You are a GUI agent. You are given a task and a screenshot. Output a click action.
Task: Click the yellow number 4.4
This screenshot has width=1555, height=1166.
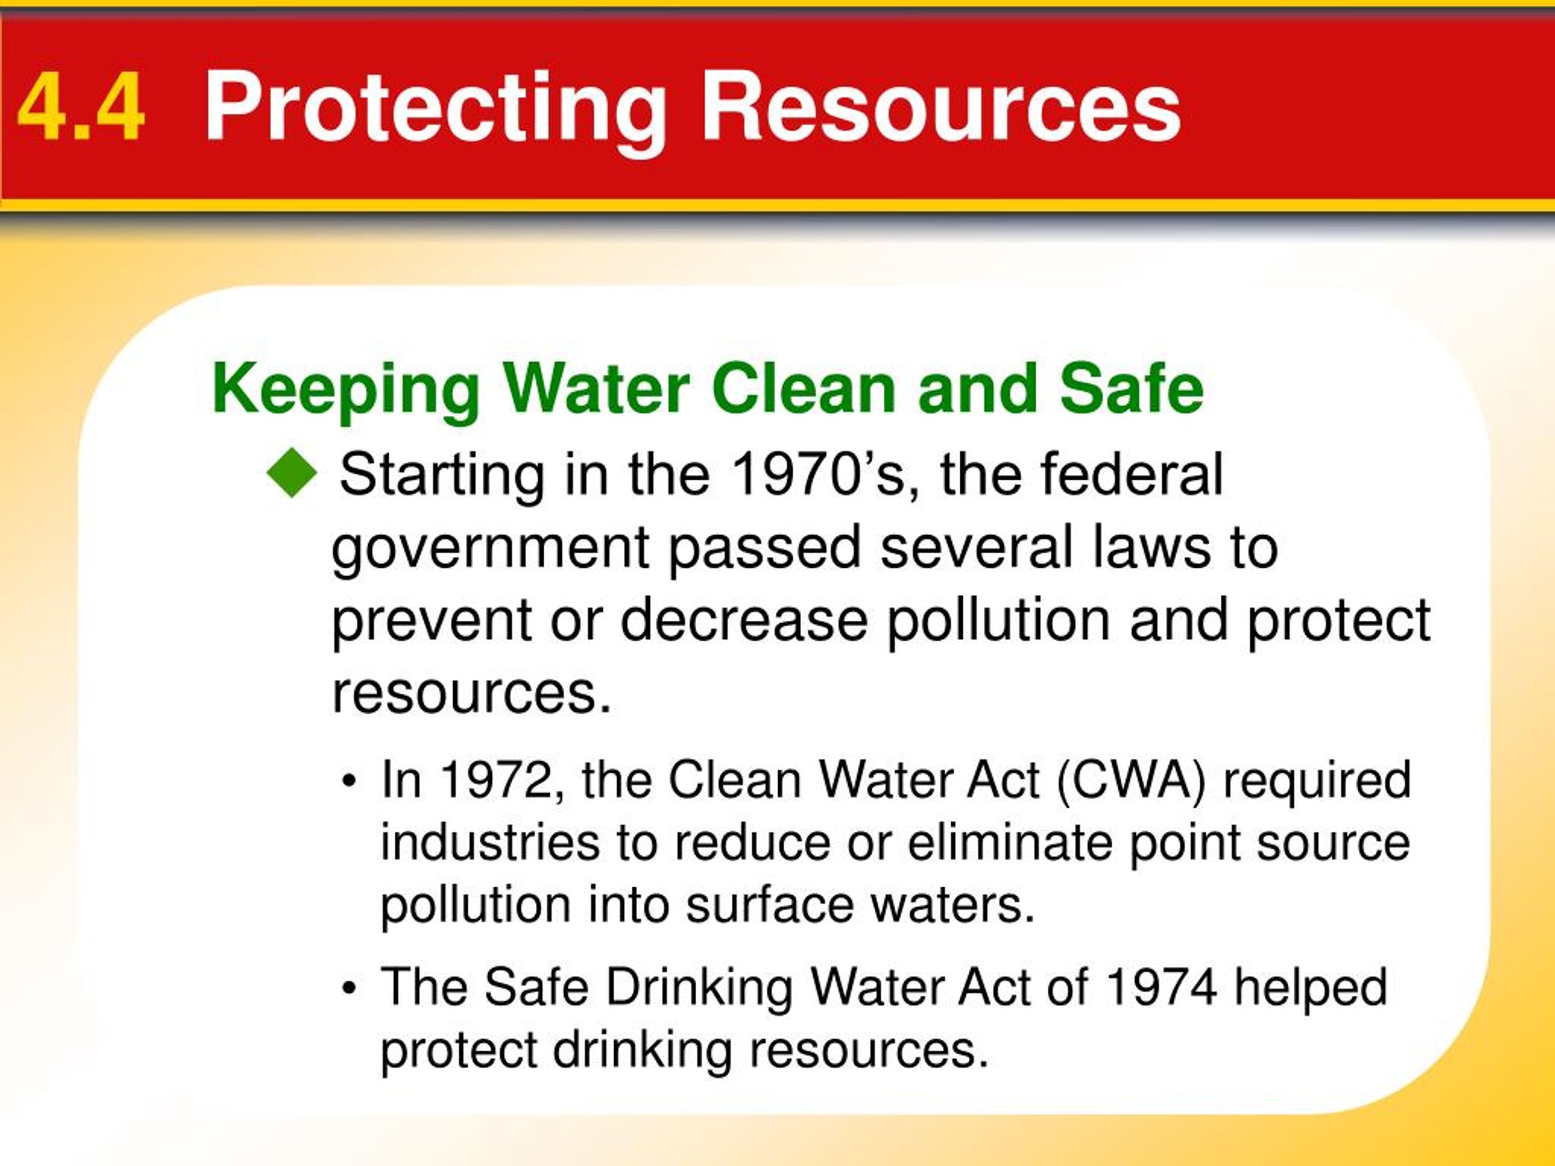pyautogui.click(x=81, y=107)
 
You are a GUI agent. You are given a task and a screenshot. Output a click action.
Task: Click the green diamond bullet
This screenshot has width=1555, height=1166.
pyautogui.click(x=292, y=474)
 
